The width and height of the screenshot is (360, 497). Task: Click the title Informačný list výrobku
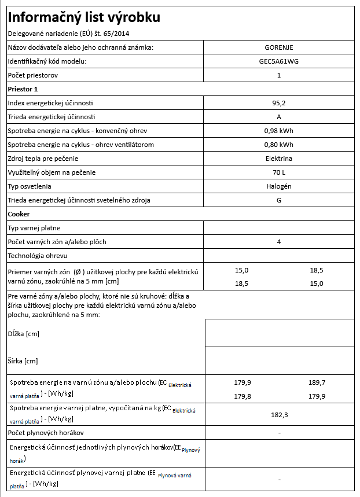[x=83, y=17]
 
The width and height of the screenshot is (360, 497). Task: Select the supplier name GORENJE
[x=279, y=47]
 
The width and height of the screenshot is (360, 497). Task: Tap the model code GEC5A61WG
[x=279, y=61]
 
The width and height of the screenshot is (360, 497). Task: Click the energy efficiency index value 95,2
[x=279, y=103]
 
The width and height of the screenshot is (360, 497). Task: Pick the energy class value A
[x=279, y=117]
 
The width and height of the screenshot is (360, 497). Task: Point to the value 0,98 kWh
[x=279, y=131]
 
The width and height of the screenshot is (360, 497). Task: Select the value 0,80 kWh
[x=279, y=145]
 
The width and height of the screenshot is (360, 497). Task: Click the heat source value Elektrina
[x=279, y=159]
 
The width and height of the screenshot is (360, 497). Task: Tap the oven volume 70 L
[x=279, y=172]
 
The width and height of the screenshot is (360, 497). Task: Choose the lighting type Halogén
[x=279, y=186]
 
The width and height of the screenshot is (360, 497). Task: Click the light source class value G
[x=279, y=200]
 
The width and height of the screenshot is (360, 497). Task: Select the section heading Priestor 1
[x=23, y=89]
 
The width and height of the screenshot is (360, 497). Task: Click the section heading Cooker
[x=19, y=214]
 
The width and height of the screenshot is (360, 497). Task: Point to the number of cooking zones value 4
[x=279, y=242]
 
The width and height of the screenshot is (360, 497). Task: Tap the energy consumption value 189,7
[x=317, y=383]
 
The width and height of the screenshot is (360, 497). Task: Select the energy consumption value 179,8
[x=241, y=396]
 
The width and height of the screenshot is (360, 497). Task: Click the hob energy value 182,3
[x=280, y=415]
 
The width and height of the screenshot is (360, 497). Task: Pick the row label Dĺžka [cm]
[x=23, y=334]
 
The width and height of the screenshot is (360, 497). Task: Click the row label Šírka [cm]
[x=23, y=361]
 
